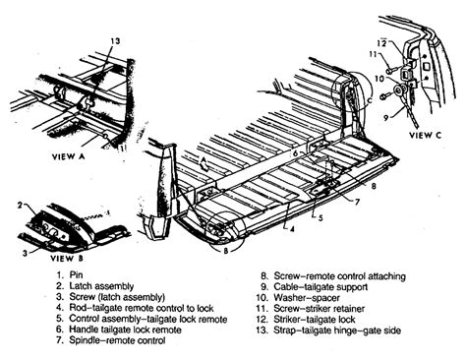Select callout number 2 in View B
pyautogui.click(x=19, y=204)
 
